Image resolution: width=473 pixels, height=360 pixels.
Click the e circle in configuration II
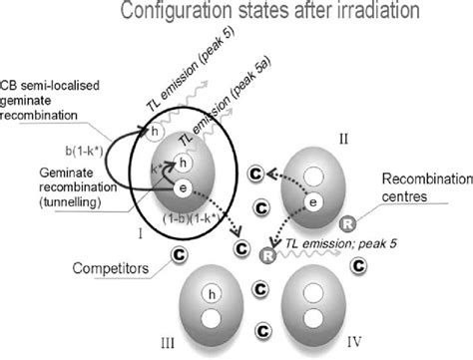pyautogui.click(x=312, y=230)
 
